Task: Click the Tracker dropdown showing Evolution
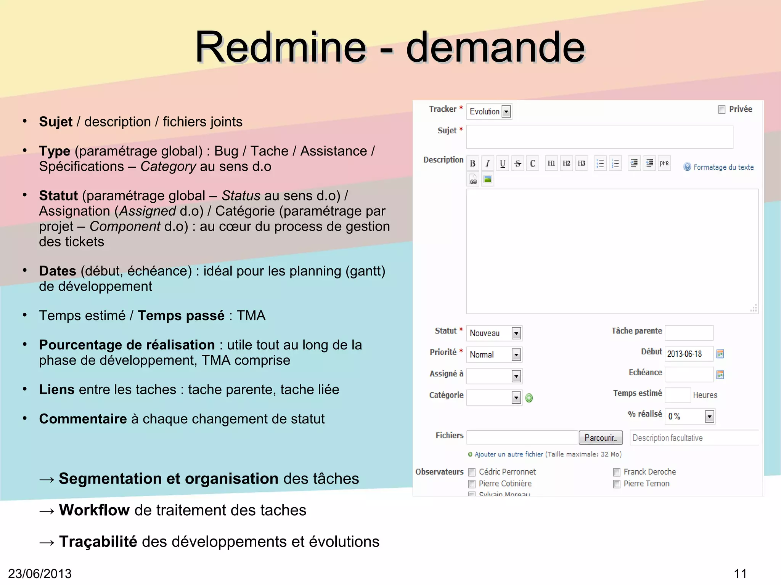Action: pyautogui.click(x=489, y=112)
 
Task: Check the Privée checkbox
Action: pyautogui.click(x=722, y=110)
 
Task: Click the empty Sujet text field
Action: pyautogui.click(x=599, y=137)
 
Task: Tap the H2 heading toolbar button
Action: pyautogui.click(x=566, y=163)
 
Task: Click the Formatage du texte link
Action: pyautogui.click(x=723, y=167)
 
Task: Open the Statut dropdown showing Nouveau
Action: pyautogui.click(x=494, y=333)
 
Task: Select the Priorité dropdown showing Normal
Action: pyautogui.click(x=494, y=355)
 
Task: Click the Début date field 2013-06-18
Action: pyautogui.click(x=688, y=354)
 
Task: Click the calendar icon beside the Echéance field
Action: pyautogui.click(x=720, y=375)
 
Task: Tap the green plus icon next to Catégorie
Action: pyautogui.click(x=529, y=398)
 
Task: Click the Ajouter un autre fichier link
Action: pyautogui.click(x=508, y=454)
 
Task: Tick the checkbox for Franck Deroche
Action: pyautogui.click(x=617, y=473)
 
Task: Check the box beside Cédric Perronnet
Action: pyautogui.click(x=472, y=473)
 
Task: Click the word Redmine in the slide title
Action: pyautogui.click(x=280, y=47)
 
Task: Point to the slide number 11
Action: pyautogui.click(x=740, y=574)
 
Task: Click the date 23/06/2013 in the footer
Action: pyautogui.click(x=40, y=574)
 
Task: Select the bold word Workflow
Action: pyautogui.click(x=94, y=510)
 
